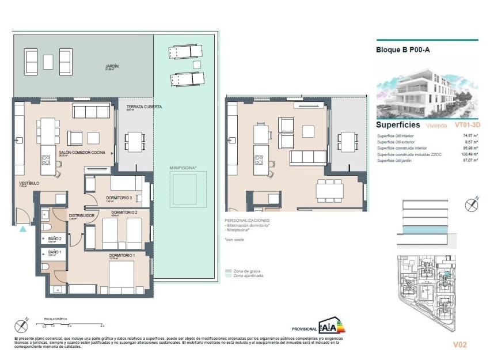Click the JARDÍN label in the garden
(x=112, y=66)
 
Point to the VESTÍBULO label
(x=29, y=183)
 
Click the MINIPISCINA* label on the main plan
(x=183, y=168)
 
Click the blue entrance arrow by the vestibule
(x=22, y=229)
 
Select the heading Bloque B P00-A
(x=402, y=50)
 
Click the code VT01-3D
(x=468, y=124)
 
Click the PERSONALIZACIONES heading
(x=247, y=221)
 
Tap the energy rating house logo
(x=332, y=326)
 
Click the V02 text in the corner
(x=459, y=345)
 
